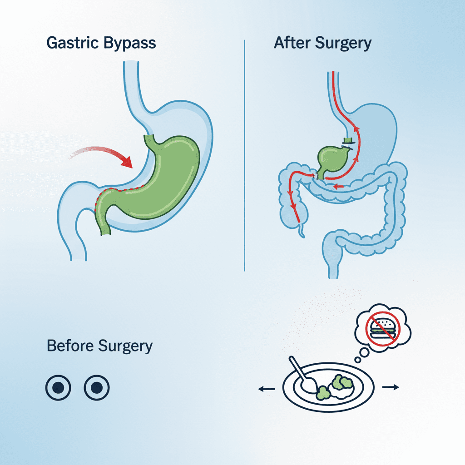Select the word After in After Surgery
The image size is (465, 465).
(x=289, y=43)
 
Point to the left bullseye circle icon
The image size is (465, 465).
(x=59, y=387)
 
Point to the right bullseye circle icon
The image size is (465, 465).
(x=97, y=387)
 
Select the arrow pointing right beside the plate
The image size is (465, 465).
(x=391, y=387)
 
